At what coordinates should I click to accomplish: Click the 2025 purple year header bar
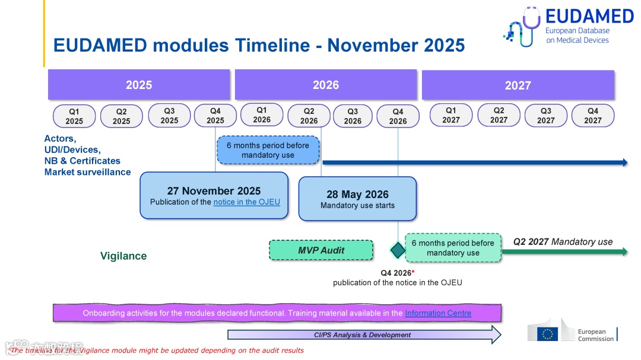(x=139, y=85)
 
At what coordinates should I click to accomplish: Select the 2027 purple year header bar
(x=518, y=85)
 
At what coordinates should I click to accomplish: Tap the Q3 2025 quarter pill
(x=169, y=116)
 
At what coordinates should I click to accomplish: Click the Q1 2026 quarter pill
(x=262, y=115)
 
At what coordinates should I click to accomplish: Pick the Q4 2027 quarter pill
(x=593, y=116)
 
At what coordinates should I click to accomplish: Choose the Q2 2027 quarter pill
(x=499, y=115)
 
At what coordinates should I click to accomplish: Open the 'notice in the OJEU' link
(x=246, y=202)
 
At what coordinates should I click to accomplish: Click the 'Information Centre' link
(x=438, y=313)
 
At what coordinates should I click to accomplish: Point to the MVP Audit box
(x=321, y=250)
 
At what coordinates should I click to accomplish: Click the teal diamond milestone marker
(x=398, y=250)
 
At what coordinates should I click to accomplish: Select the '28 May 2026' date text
(x=357, y=195)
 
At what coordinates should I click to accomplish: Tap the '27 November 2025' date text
(x=214, y=191)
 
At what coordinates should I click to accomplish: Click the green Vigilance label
(x=123, y=256)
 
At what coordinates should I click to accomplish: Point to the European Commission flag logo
(x=547, y=334)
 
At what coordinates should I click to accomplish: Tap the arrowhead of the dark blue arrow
(x=624, y=163)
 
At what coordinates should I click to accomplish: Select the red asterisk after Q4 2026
(x=413, y=272)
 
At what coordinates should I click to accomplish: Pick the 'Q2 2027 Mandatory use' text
(x=563, y=242)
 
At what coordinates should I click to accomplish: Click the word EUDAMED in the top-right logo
(x=589, y=17)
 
